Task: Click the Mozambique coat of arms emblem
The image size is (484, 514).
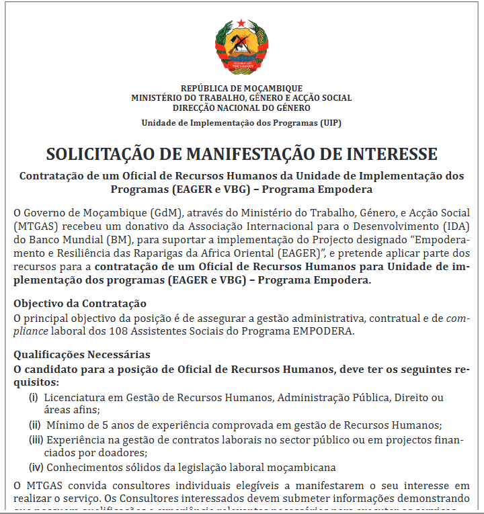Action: click(241, 46)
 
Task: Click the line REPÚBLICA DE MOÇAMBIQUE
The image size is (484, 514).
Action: click(241, 88)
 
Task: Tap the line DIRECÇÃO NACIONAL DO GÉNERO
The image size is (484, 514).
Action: click(241, 108)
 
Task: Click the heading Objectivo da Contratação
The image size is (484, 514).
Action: click(79, 304)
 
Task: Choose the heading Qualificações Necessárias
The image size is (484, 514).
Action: click(82, 354)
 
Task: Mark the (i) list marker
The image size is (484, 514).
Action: click(33, 398)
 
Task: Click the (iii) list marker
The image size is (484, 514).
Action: click(36, 439)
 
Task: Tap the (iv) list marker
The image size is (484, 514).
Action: click(36, 467)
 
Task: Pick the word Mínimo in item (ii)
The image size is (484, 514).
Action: click(65, 425)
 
